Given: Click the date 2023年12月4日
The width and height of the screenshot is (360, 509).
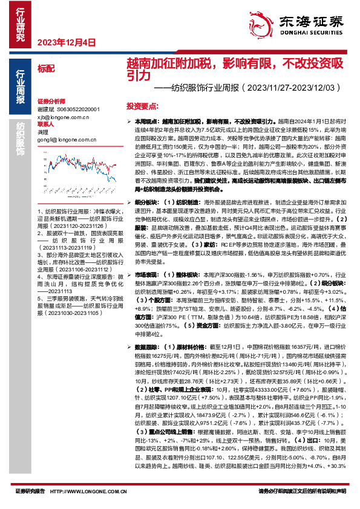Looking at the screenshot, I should pos(67,42).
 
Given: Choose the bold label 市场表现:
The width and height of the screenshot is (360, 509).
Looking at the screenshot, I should pos(146,257).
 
